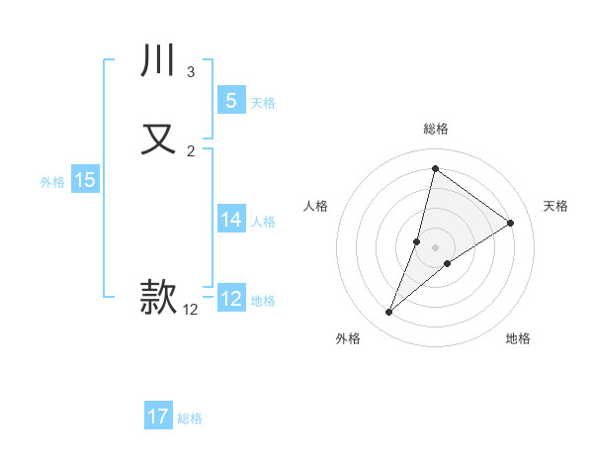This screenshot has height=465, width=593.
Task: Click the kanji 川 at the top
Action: click(159, 60)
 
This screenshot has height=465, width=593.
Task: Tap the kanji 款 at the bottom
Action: click(159, 296)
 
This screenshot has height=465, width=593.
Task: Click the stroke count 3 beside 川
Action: click(191, 72)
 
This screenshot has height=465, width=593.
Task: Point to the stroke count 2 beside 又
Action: click(191, 150)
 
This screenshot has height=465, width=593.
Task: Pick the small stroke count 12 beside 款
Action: click(191, 309)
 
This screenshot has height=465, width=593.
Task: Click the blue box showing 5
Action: click(230, 101)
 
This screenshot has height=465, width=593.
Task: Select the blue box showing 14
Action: click(230, 220)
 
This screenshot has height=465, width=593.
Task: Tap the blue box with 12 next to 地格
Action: click(230, 299)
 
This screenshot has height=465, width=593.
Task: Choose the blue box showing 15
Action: click(85, 180)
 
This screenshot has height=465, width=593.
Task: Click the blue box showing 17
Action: click(158, 417)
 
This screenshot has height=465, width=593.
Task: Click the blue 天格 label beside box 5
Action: click(263, 103)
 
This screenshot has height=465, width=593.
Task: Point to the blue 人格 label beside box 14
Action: click(264, 222)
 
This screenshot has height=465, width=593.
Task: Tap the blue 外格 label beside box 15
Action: click(52, 182)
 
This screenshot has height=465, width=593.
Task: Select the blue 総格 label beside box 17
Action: click(190, 418)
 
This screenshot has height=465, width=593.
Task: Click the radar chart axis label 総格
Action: click(436, 129)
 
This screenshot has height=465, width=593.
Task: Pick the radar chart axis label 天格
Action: click(555, 206)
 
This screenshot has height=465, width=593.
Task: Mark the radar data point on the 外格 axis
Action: click(389, 313)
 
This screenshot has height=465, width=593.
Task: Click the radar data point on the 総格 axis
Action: click(435, 168)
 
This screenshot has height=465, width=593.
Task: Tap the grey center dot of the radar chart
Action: click(436, 246)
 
